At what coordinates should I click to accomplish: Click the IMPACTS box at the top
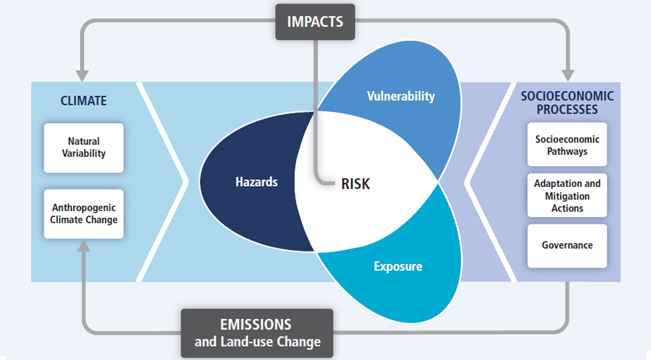[x=315, y=22]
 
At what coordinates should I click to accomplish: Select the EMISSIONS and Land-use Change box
[x=257, y=333]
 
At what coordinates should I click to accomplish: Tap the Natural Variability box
[x=84, y=148]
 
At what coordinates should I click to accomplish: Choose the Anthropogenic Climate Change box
[x=84, y=214]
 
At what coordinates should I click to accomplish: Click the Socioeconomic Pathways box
[x=567, y=145]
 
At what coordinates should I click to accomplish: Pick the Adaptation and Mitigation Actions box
[x=567, y=195]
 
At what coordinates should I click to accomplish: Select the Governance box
[x=567, y=246]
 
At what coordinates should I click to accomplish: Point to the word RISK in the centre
[x=355, y=184]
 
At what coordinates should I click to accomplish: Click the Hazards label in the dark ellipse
[x=257, y=182]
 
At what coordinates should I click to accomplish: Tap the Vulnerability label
[x=401, y=96]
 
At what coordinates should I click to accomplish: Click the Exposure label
[x=398, y=267]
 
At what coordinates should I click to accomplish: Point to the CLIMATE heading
[x=83, y=101]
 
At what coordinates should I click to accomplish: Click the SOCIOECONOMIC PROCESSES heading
[x=567, y=102]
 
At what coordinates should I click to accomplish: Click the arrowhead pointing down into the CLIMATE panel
[x=82, y=76]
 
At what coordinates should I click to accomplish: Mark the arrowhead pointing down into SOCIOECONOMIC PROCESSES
[x=568, y=76]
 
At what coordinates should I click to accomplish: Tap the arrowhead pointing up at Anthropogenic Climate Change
[x=84, y=246]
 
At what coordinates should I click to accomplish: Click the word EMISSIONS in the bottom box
[x=256, y=325]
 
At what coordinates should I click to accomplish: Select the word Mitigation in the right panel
[x=567, y=196]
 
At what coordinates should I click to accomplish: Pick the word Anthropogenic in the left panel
[x=84, y=208]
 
